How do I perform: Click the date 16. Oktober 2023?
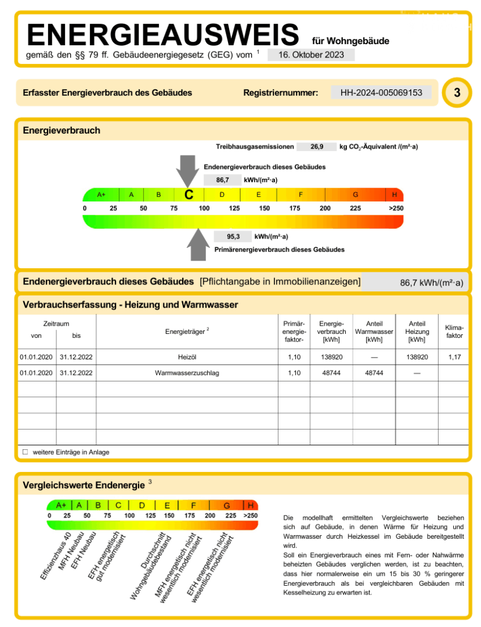310,55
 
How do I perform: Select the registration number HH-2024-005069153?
381,92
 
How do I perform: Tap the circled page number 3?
457,93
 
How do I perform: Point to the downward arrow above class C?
187,170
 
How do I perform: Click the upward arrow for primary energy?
198,244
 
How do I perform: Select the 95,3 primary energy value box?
233,237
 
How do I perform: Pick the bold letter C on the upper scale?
189,195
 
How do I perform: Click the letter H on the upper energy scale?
395,194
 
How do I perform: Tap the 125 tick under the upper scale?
234,208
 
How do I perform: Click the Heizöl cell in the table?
187,357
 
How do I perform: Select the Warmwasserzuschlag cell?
187,373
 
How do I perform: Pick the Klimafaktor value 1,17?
454,357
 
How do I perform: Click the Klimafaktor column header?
454,331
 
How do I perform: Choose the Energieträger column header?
187,331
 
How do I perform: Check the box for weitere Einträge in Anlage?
25,452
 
